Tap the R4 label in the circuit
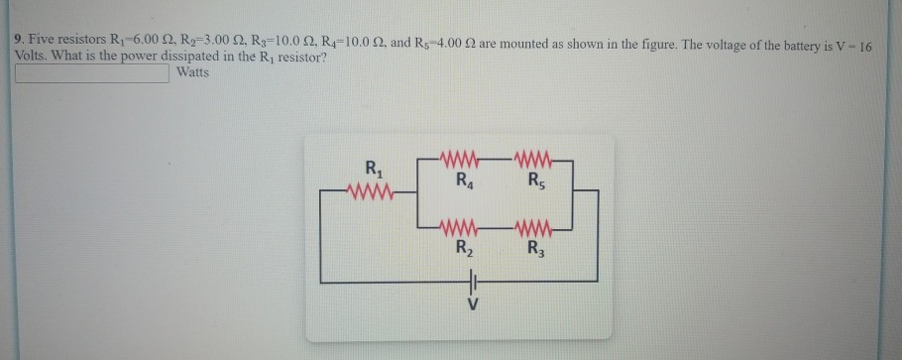pyautogui.click(x=464, y=180)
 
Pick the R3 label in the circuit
pyautogui.click(x=536, y=248)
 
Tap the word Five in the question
pyautogui.click(x=45, y=40)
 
